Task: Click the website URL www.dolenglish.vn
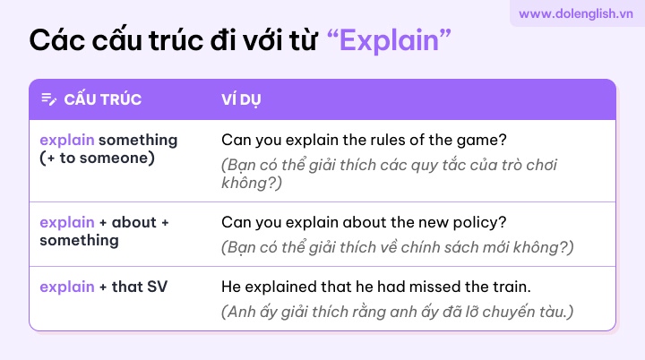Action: [x=575, y=13]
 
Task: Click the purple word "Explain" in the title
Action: [x=389, y=40]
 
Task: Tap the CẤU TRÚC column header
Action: [x=103, y=99]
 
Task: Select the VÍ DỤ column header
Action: [x=241, y=99]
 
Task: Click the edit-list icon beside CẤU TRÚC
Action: [x=49, y=99]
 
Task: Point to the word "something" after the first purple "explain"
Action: [x=138, y=140]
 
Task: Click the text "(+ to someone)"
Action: [x=97, y=158]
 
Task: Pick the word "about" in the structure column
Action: [x=134, y=222]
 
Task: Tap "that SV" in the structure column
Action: [x=140, y=287]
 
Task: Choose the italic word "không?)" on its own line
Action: [x=252, y=183]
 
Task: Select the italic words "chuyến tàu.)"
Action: [x=528, y=312]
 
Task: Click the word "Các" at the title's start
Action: [x=56, y=40]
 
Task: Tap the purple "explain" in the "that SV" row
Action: [x=67, y=287]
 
